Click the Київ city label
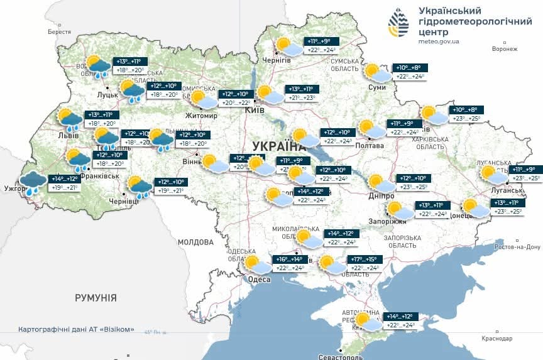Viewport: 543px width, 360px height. (x=254, y=111)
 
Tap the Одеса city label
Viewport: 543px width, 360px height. (x=259, y=280)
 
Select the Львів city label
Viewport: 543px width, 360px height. (x=69, y=135)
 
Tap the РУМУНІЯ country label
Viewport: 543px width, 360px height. (x=96, y=297)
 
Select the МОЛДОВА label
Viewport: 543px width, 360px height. (x=195, y=242)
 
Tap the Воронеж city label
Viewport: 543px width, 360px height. (x=504, y=49)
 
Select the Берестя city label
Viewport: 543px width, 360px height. (x=59, y=31)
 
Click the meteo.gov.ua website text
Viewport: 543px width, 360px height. (x=439, y=41)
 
